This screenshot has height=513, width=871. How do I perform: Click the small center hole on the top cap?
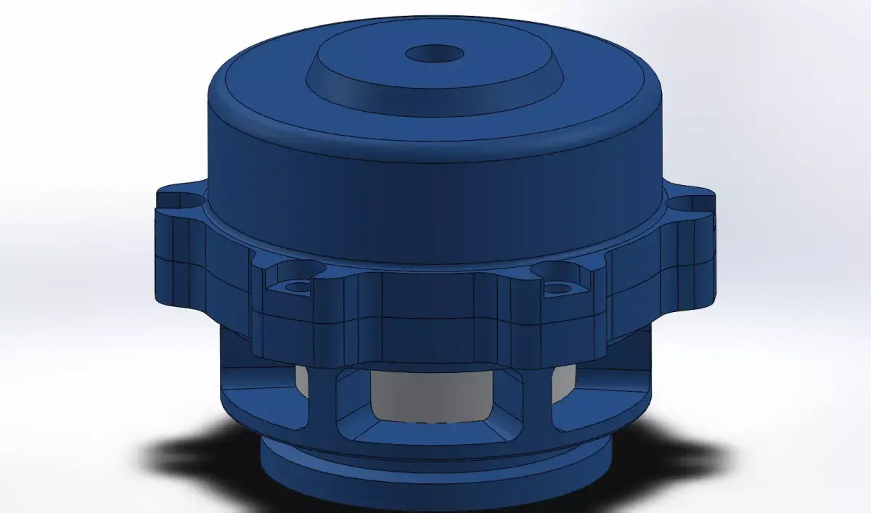435,54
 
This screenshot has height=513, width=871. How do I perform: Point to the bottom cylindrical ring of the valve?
435,479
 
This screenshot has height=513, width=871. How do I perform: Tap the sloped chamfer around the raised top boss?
435,91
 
